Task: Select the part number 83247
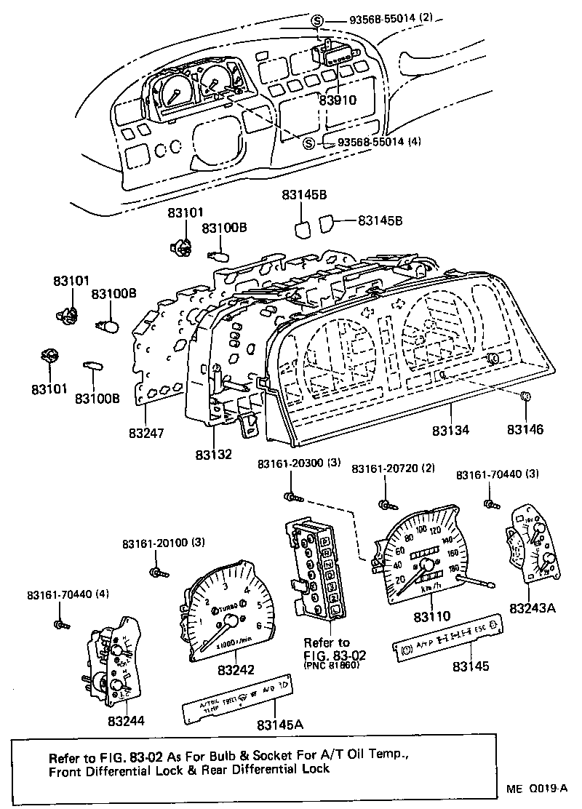point(147,434)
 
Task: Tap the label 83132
point(213,455)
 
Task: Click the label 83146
point(526,431)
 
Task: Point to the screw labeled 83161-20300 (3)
point(292,496)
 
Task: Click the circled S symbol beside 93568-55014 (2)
point(317,20)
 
